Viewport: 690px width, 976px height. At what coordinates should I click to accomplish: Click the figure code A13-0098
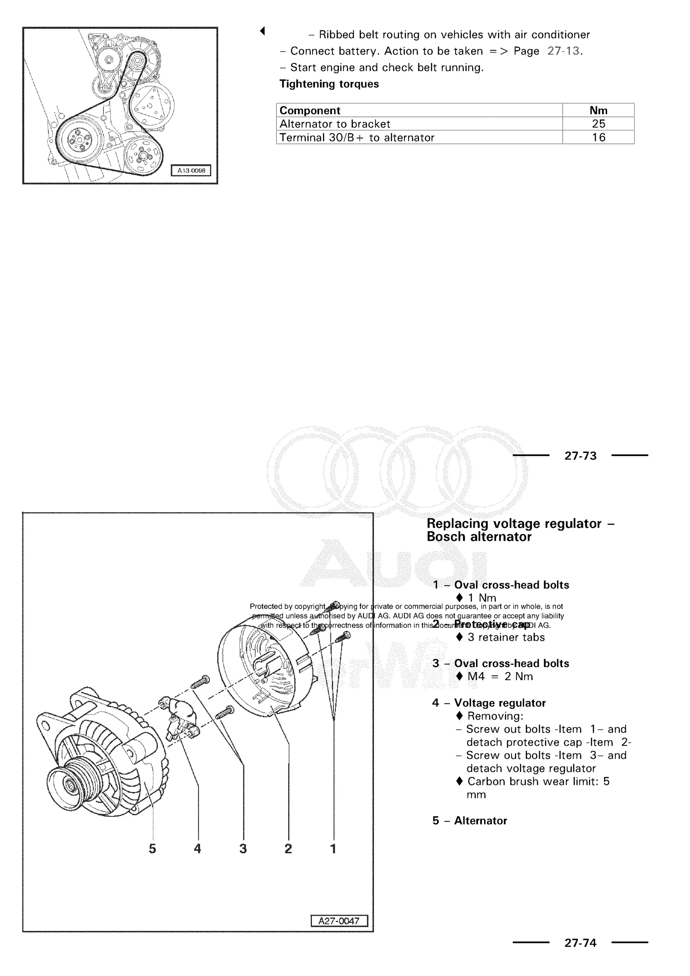pyautogui.click(x=191, y=171)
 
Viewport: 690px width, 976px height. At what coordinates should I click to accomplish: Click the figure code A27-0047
pyautogui.click(x=339, y=921)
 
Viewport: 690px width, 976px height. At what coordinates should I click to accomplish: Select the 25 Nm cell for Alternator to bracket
pyautogui.click(x=598, y=124)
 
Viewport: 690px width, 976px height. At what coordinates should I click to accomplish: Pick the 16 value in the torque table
pyautogui.click(x=598, y=137)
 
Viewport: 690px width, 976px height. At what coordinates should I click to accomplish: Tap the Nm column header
pyautogui.click(x=598, y=111)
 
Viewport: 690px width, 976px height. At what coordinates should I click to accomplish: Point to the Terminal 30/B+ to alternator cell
pyautogui.click(x=357, y=137)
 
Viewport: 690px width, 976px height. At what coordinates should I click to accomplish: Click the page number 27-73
pyautogui.click(x=581, y=456)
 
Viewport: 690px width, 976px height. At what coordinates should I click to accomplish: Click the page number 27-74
pyautogui.click(x=581, y=943)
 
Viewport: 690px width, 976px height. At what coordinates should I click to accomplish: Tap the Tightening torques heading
pyautogui.click(x=329, y=84)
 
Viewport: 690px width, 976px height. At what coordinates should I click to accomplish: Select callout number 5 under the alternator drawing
pyautogui.click(x=152, y=849)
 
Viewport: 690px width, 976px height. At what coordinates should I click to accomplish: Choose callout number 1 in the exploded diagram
pyautogui.click(x=333, y=849)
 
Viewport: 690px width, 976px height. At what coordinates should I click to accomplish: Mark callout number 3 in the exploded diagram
pyautogui.click(x=243, y=849)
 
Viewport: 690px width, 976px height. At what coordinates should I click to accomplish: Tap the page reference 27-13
pyautogui.click(x=563, y=51)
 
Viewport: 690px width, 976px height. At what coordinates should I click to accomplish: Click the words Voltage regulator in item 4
pyautogui.click(x=500, y=703)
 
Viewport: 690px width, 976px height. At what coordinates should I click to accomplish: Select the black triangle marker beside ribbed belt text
pyautogui.click(x=262, y=31)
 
